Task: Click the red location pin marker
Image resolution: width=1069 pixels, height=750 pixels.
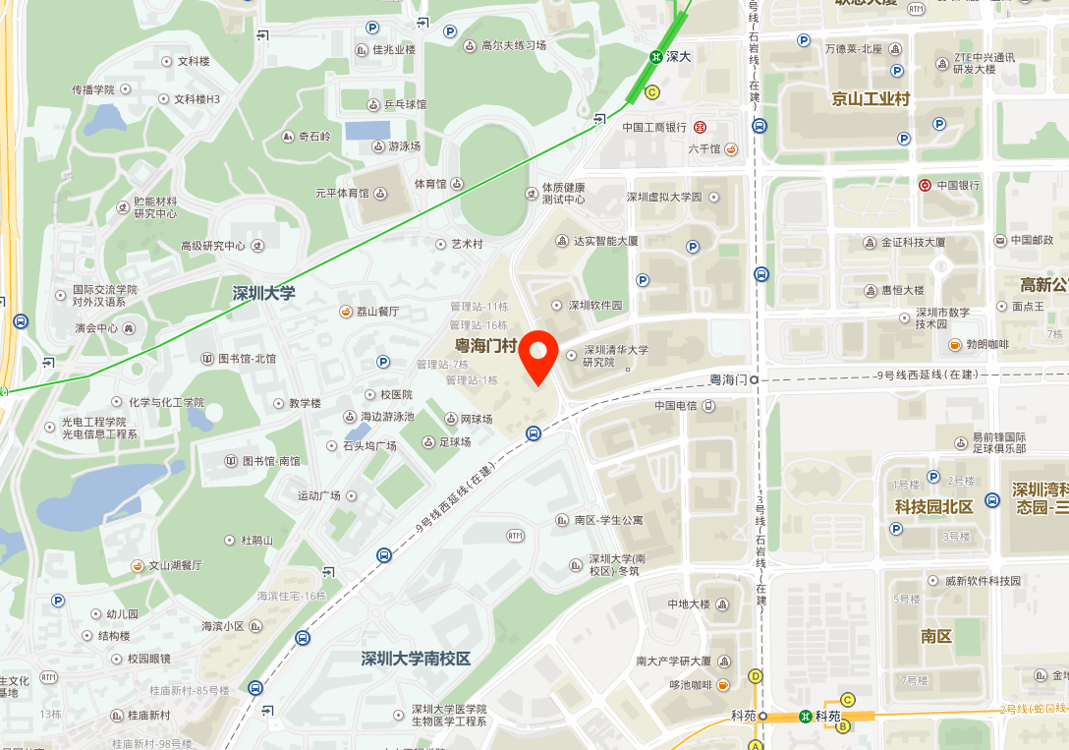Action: point(538,355)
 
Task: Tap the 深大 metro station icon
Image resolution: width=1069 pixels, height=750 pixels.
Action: point(654,57)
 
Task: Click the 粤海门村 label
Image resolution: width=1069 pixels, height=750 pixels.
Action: point(485,345)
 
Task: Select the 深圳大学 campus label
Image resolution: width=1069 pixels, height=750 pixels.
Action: point(263,293)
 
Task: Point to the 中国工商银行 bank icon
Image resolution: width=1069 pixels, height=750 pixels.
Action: point(701,127)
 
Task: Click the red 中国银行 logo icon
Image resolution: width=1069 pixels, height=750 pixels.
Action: point(925,185)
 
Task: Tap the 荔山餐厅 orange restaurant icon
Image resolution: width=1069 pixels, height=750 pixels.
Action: point(345,312)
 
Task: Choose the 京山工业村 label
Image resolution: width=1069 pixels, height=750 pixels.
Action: point(871,98)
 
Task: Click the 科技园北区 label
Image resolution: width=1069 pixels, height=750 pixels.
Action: point(933,506)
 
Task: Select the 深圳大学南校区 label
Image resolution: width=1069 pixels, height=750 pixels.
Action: point(416,658)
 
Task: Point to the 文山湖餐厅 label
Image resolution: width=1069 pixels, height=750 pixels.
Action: point(175,565)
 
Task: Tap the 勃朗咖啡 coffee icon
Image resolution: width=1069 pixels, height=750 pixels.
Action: point(954,344)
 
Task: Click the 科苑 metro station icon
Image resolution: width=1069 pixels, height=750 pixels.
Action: point(806,716)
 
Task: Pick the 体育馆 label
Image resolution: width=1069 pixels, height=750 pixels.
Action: point(429,184)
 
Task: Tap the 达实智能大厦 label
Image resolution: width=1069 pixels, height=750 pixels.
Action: point(606,241)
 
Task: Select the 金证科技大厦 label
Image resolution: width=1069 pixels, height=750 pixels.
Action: point(913,242)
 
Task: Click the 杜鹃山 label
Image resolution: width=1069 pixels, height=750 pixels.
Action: point(256,540)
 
